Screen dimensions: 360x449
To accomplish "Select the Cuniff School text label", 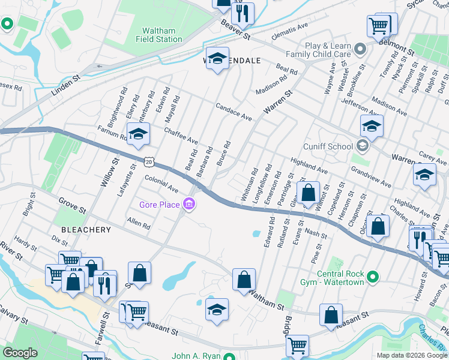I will (328, 146).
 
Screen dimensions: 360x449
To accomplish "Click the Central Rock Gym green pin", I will (373, 277).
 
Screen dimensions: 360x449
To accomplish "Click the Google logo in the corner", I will (20, 352).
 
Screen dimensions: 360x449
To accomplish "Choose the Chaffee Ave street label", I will (181, 135).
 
